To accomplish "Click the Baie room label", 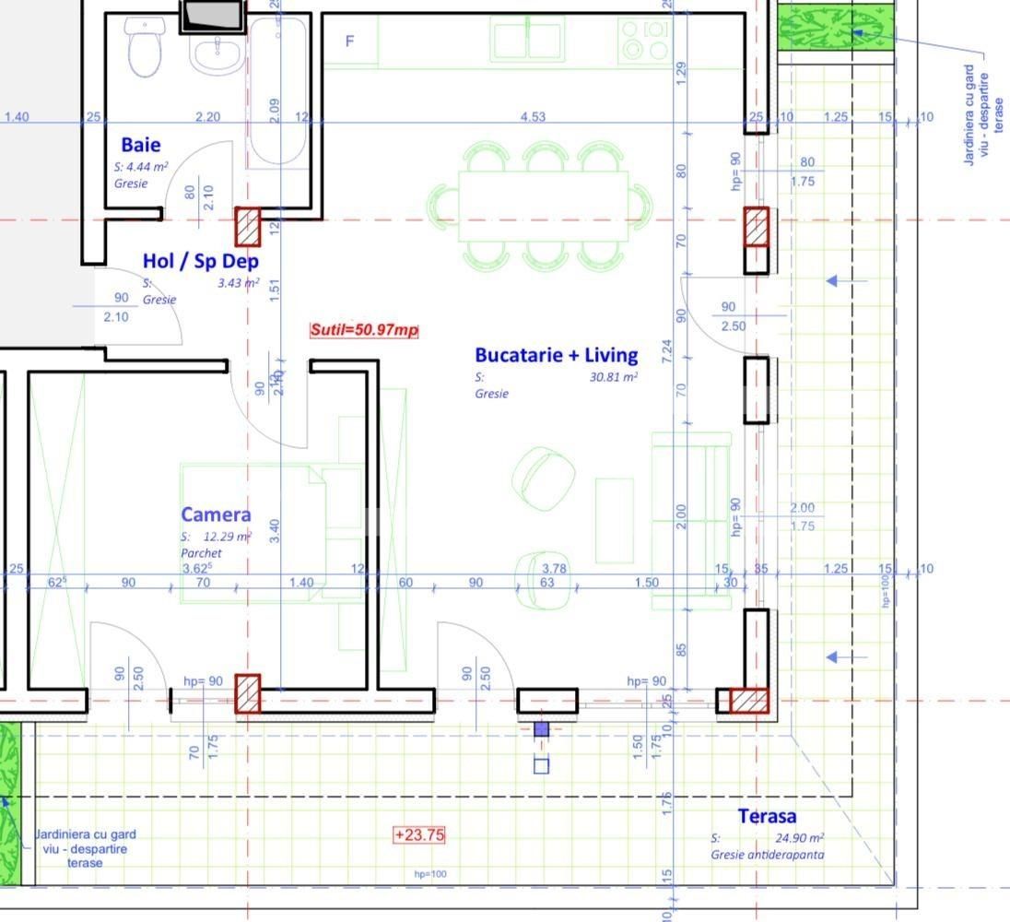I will [140, 145].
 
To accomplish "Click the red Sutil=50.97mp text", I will [364, 330].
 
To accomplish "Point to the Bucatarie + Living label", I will [556, 355].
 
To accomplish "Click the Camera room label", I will [216, 515].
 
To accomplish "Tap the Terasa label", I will [767, 816].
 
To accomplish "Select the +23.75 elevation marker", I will [419, 835].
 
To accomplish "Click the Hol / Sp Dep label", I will [200, 261].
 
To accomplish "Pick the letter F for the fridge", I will [349, 41].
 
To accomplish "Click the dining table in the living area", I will [543, 206].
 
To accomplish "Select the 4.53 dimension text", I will [533, 117].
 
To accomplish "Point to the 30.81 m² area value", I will [613, 377].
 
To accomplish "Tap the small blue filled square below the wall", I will [541, 729].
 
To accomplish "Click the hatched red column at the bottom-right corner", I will [749, 701].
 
